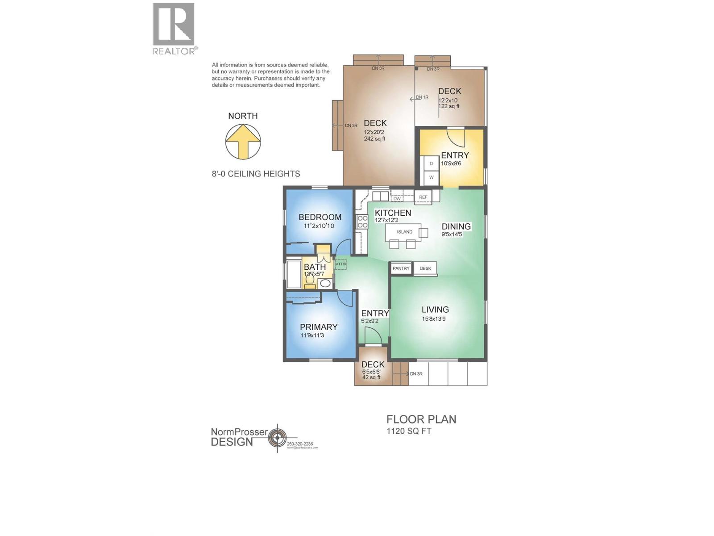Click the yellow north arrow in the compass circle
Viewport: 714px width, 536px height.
point(243,141)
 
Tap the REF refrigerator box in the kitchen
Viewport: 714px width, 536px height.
point(423,197)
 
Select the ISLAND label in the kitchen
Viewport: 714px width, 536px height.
point(405,232)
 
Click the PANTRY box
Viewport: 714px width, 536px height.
point(401,268)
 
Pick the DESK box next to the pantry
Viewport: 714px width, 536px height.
point(425,268)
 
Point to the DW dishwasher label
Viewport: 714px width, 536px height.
point(397,199)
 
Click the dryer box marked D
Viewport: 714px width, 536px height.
point(432,163)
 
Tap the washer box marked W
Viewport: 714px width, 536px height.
point(432,177)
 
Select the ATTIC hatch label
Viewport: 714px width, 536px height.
point(341,264)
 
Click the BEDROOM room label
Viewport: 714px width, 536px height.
point(320,217)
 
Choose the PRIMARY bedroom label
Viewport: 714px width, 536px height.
point(319,327)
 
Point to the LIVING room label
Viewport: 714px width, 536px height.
point(435,310)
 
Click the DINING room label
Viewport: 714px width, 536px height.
point(456,226)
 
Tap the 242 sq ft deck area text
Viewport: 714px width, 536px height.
point(374,139)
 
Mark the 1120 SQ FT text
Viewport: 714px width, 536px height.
point(409,431)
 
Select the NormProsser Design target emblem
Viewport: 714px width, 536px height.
point(278,438)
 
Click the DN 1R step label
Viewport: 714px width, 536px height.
point(422,97)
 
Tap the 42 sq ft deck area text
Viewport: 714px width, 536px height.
point(371,377)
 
